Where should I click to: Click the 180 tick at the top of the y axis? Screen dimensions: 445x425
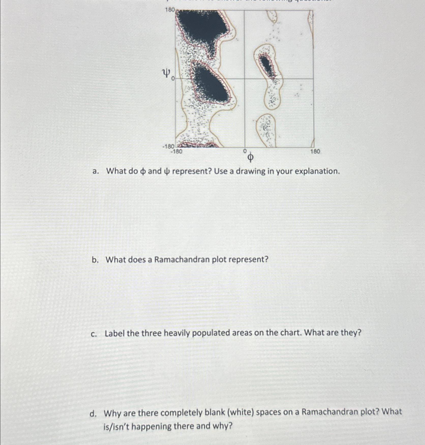(170, 10)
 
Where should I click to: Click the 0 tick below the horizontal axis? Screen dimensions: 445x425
(245, 151)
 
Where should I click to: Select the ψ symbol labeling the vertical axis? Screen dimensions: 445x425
(166, 74)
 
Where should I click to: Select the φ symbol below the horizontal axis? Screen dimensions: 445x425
(250, 158)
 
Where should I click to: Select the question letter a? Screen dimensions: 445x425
(95, 171)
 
